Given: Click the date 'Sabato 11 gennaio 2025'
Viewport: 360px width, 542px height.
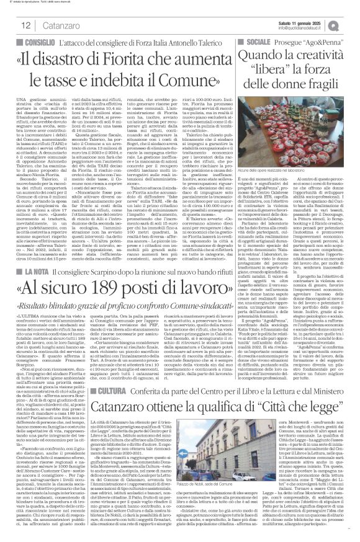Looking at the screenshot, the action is click(x=317, y=20).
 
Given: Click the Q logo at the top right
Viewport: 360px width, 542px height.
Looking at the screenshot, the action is click(x=352, y=24).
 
